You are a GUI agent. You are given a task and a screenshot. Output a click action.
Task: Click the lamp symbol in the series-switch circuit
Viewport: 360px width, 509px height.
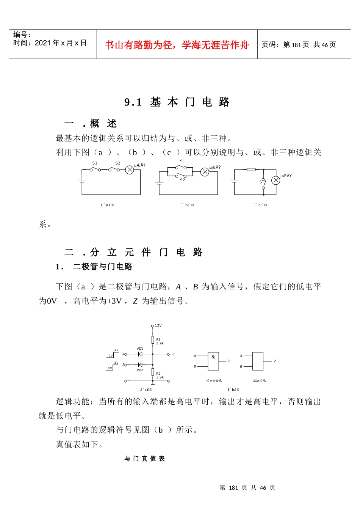(x=130, y=170)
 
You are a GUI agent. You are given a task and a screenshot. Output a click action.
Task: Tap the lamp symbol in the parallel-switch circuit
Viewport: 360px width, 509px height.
(x=205, y=172)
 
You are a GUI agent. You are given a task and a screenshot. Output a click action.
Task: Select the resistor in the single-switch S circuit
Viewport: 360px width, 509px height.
(x=251, y=170)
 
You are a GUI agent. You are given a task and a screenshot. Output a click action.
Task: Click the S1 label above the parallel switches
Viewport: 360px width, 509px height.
(x=182, y=161)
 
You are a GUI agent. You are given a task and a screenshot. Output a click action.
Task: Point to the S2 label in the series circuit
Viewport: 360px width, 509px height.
(x=118, y=163)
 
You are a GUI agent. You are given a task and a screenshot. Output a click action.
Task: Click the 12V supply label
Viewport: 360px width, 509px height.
(x=158, y=325)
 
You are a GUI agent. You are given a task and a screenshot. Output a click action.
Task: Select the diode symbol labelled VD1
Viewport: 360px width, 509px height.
(x=140, y=354)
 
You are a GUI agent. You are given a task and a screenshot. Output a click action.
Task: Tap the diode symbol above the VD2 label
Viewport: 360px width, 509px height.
(x=140, y=365)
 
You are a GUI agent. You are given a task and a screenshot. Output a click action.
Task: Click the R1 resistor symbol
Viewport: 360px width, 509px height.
(x=153, y=340)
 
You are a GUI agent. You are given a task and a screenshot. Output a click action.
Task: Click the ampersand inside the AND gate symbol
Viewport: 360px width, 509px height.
(x=213, y=357)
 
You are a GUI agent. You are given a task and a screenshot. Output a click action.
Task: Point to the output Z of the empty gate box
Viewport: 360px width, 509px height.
(x=275, y=361)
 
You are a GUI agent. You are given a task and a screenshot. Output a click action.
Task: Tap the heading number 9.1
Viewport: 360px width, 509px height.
(x=133, y=102)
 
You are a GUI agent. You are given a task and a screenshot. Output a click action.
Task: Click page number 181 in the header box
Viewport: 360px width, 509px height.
(x=296, y=45)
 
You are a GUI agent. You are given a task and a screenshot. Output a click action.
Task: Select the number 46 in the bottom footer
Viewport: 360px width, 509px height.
(x=263, y=488)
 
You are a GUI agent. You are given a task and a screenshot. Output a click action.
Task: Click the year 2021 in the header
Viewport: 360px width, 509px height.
(x=43, y=43)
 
